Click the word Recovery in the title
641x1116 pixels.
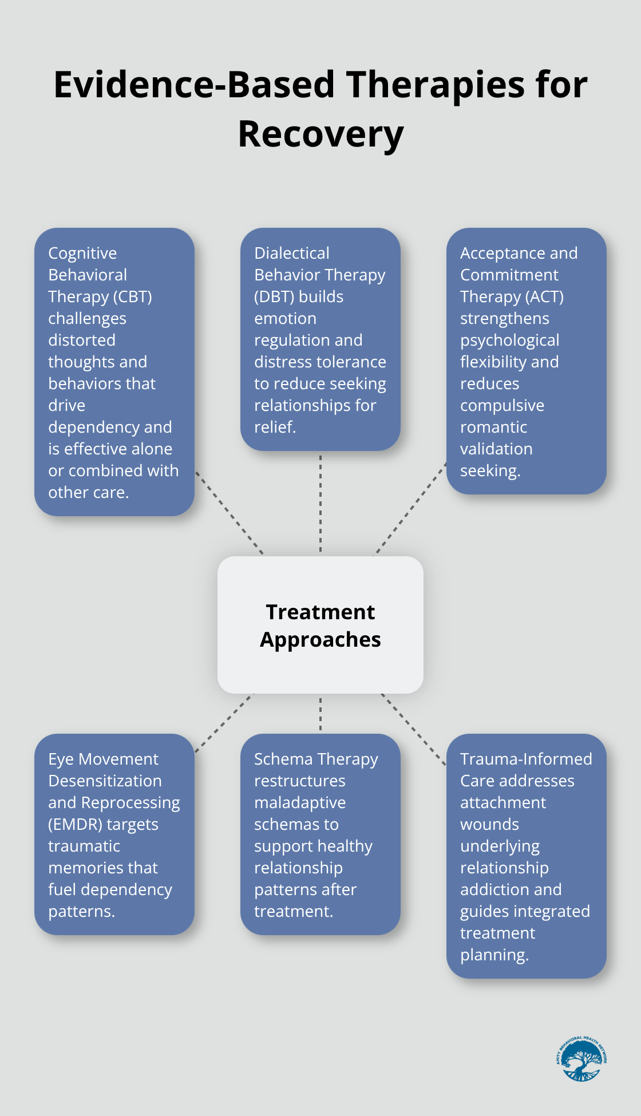tap(320, 134)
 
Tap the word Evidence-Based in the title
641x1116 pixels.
tap(193, 85)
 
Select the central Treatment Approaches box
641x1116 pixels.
tap(320, 625)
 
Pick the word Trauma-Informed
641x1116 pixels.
tap(526, 759)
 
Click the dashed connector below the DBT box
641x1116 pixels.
tap(320, 504)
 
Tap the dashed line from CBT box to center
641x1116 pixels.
tap(229, 513)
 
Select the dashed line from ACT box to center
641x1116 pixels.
tap(410, 509)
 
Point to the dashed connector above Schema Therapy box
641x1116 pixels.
tap(320, 714)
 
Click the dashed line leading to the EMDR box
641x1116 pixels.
tap(224, 723)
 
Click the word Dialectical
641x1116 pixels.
tap(291, 254)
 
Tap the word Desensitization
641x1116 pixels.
tap(105, 781)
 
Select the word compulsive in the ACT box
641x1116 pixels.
tap(502, 406)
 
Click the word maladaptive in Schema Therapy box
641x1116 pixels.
tap(300, 803)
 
